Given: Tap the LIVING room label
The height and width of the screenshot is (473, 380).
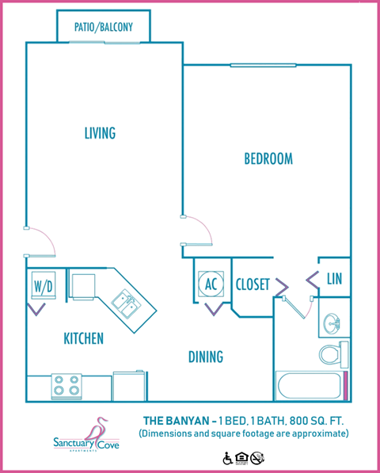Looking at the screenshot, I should (x=100, y=132).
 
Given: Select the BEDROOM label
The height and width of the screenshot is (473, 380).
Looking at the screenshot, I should (x=268, y=159).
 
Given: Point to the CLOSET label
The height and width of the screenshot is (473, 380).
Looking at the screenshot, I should (x=253, y=284).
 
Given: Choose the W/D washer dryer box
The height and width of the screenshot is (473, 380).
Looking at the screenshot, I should (x=42, y=285).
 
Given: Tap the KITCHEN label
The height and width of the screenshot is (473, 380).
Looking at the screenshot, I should (x=83, y=339).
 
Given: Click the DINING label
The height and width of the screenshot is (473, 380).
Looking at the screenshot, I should (x=205, y=357).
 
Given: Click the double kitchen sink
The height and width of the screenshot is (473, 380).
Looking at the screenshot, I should (x=125, y=302).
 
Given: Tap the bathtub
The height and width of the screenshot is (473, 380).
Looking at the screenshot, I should (x=310, y=386).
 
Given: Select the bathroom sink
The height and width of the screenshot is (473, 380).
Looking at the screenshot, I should (x=332, y=323).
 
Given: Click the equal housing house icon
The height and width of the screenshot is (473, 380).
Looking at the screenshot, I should (x=242, y=457).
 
